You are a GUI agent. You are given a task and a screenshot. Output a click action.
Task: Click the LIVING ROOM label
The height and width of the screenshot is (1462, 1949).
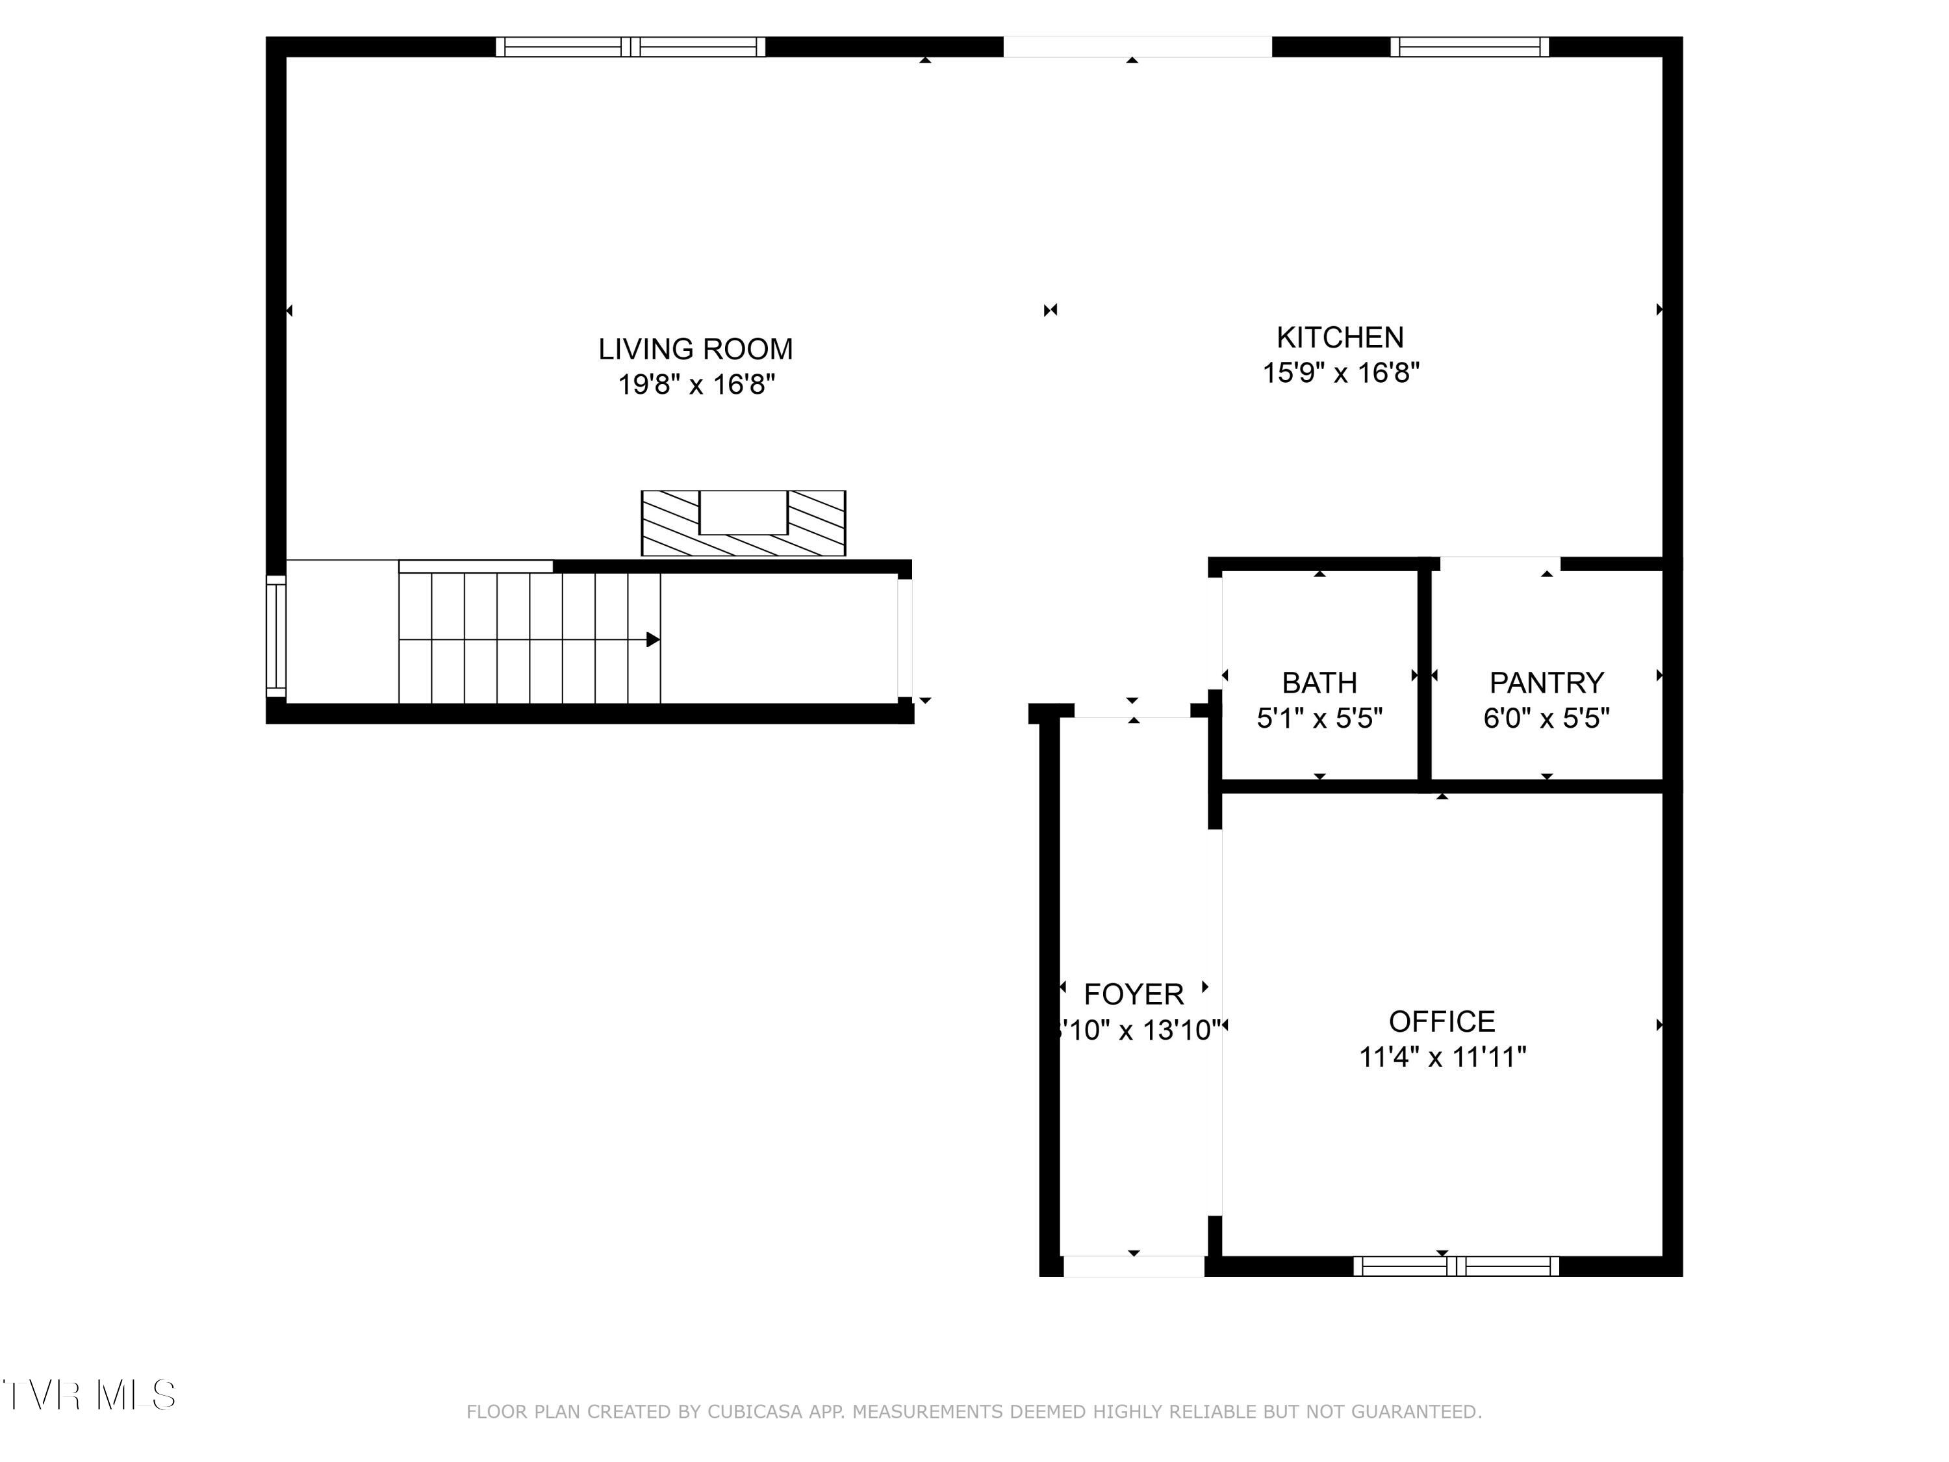click(695, 349)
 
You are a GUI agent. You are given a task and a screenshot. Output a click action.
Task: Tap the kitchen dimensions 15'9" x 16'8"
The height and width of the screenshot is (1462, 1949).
click(1340, 373)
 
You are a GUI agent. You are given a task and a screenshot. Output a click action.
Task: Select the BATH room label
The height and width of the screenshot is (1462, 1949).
click(1319, 682)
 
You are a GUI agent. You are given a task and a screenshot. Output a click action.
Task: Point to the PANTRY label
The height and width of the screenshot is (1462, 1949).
click(1546, 682)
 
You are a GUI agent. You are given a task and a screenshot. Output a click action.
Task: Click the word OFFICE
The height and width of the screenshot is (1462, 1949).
click(1442, 1021)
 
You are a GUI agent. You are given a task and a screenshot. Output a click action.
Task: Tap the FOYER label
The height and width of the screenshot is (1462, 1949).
click(1133, 994)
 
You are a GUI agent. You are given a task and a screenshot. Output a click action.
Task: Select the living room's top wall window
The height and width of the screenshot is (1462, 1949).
click(630, 47)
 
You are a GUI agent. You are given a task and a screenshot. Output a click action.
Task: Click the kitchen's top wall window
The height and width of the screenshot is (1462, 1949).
click(1469, 47)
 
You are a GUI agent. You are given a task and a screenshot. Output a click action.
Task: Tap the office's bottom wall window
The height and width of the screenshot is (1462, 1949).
click(1456, 1266)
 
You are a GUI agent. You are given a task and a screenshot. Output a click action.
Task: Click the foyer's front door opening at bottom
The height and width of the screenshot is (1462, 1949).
click(1133, 1266)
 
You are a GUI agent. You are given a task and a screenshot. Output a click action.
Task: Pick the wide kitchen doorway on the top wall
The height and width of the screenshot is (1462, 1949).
click(1137, 47)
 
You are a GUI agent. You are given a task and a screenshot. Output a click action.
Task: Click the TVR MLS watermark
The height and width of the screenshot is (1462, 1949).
click(88, 1395)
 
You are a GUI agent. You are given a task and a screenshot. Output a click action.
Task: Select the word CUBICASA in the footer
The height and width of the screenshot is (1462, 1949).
click(755, 1412)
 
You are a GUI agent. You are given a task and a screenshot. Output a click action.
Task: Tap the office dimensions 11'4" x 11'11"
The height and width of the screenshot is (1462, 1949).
click(1442, 1057)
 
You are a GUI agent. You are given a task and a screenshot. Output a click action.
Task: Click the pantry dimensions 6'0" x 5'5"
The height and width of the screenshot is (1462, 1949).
click(1546, 718)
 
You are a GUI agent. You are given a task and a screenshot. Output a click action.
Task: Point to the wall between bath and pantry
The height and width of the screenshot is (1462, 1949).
click(1423, 675)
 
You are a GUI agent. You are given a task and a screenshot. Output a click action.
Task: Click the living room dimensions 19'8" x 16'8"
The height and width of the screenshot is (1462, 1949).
click(695, 385)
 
